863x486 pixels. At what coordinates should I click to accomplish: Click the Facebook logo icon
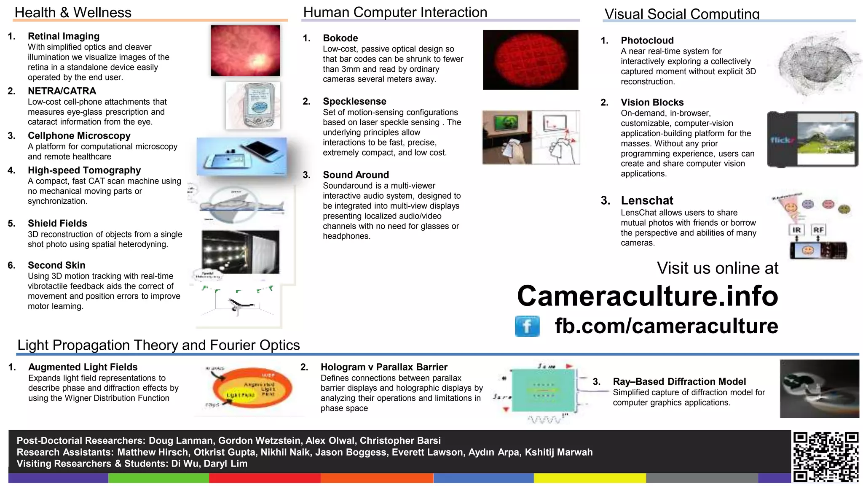(x=527, y=326)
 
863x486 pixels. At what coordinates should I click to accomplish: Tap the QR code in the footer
(x=825, y=457)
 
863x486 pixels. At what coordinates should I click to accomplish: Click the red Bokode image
(x=531, y=59)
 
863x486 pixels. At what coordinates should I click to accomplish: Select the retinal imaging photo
(x=245, y=51)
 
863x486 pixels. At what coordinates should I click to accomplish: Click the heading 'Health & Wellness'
(x=73, y=13)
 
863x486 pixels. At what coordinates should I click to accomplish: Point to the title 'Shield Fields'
(x=57, y=223)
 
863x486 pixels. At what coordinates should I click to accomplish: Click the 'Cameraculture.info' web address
(x=647, y=296)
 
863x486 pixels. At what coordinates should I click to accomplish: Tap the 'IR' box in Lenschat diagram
(x=796, y=230)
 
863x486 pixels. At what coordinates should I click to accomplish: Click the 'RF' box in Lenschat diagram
(x=818, y=230)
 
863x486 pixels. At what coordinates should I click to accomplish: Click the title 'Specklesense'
(x=354, y=101)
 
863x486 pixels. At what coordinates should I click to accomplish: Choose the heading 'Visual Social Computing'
(x=682, y=14)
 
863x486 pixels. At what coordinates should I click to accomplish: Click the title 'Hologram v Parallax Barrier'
(x=384, y=367)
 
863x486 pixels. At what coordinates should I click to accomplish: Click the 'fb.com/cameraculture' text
(x=666, y=326)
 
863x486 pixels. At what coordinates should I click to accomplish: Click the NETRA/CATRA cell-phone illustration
(x=253, y=105)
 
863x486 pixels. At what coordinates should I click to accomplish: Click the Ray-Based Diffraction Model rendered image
(x=819, y=389)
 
